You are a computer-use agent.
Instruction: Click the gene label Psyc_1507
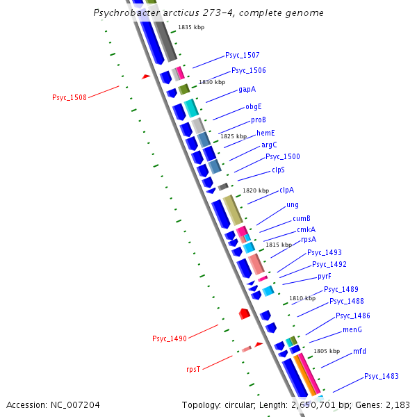pos(243,55)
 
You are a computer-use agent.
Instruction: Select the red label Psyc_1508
pos(69,97)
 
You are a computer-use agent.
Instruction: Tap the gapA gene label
pos(247,90)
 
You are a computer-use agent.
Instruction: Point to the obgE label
pos(254,106)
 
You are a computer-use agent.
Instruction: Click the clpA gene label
pos(286,190)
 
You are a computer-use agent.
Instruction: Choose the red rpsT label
pos(193,369)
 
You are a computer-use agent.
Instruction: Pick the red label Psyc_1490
pos(170,338)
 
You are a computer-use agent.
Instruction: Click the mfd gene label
pos(359,351)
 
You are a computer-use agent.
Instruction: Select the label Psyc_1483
pos(382,376)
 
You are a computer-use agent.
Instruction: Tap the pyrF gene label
pos(324,276)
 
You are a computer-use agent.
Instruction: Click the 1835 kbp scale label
pos(191,27)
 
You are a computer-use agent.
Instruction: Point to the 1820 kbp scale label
pos(256,190)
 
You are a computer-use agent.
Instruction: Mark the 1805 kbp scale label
pos(327,351)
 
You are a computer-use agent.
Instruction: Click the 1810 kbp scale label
pos(302,298)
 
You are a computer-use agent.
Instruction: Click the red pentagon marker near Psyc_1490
pos(244,314)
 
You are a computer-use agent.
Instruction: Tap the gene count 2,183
pos(397,404)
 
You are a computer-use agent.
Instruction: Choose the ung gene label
pos(293,205)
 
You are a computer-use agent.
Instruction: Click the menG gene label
pos(352,329)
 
